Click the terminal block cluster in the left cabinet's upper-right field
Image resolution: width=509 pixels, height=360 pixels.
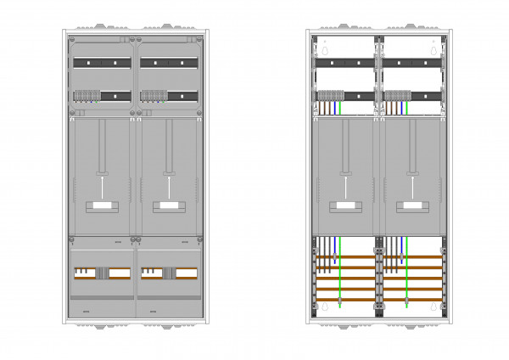click(153, 96)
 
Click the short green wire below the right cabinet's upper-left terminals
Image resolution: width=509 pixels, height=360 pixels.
click(340, 108)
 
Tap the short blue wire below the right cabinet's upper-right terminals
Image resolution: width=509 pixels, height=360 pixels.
click(403, 108)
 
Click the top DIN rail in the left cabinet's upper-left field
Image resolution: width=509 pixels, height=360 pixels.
click(102, 63)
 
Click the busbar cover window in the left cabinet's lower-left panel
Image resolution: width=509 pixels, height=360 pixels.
click(102, 273)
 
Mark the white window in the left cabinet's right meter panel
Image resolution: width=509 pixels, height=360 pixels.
click(168, 205)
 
